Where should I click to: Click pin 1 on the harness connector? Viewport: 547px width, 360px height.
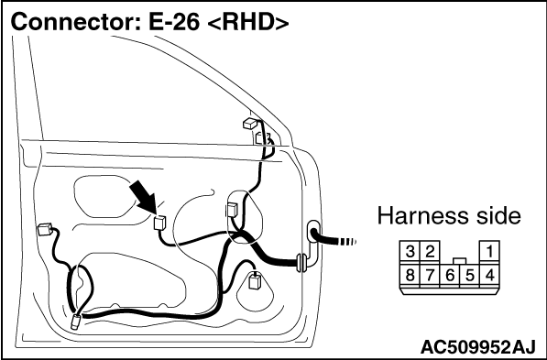point(490,252)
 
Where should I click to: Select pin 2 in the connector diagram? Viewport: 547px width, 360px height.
point(430,252)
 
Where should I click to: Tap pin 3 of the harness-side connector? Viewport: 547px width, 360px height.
point(410,252)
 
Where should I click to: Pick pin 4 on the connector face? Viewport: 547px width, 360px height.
point(490,276)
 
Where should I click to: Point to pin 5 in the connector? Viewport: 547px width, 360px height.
point(470,276)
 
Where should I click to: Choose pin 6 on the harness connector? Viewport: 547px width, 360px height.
point(450,276)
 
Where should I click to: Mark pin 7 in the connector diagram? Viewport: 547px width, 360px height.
point(430,276)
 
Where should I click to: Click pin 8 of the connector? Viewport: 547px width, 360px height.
point(410,276)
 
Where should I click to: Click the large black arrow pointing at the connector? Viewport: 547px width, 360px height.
point(143,198)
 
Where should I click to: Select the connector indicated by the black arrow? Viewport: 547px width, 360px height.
point(159,223)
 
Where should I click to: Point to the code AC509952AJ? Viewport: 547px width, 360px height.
point(477,347)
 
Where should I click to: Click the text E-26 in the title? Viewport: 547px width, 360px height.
point(174,22)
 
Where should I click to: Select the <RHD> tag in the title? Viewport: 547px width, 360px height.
point(248,23)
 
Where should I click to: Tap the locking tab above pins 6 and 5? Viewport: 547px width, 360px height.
point(460,261)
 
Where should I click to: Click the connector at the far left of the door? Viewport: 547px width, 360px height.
point(45,229)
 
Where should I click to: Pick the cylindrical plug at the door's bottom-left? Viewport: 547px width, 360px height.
point(76,322)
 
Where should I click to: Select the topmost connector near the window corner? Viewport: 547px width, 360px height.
point(251,124)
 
